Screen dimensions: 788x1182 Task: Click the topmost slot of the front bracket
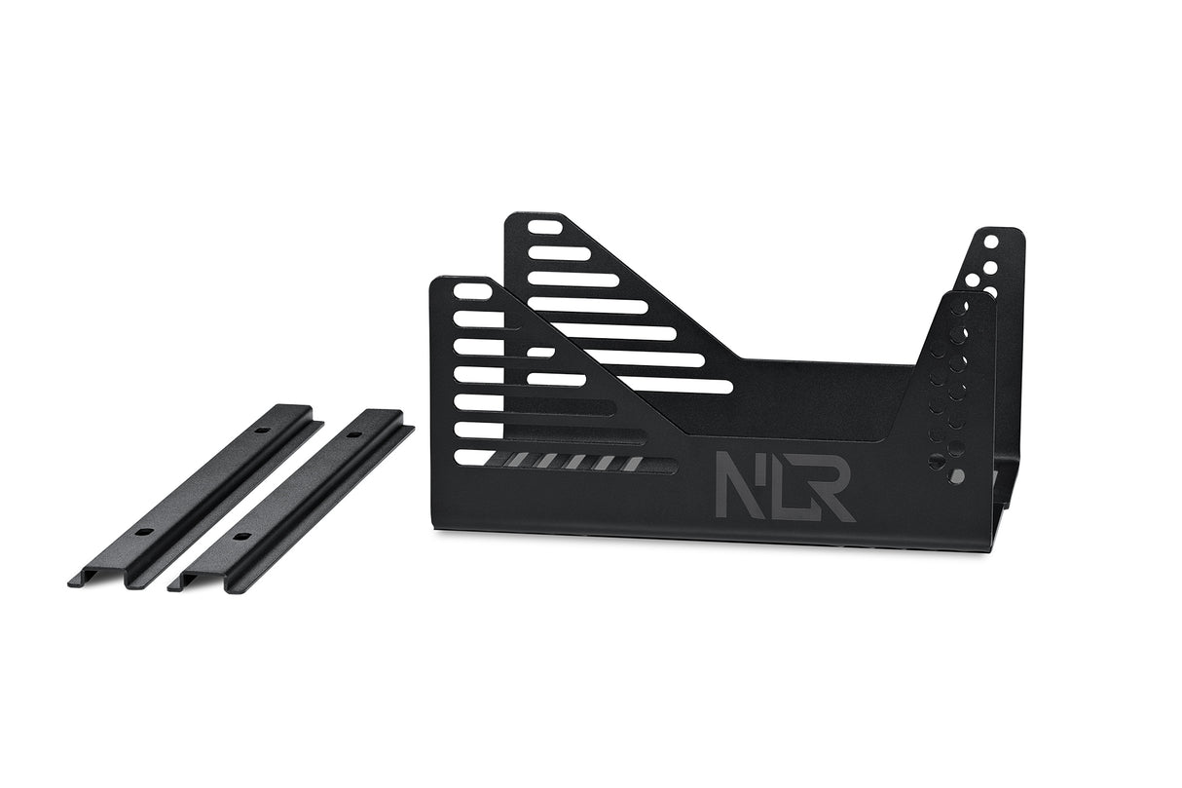(x=472, y=291)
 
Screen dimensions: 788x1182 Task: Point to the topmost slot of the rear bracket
(x=546, y=230)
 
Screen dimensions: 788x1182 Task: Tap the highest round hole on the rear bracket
(x=990, y=241)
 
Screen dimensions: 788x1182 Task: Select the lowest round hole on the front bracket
(x=958, y=476)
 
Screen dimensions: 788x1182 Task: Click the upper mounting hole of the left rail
(x=262, y=430)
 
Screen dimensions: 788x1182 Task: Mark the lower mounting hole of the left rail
(x=143, y=533)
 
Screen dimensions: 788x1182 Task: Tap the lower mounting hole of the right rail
(x=239, y=537)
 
